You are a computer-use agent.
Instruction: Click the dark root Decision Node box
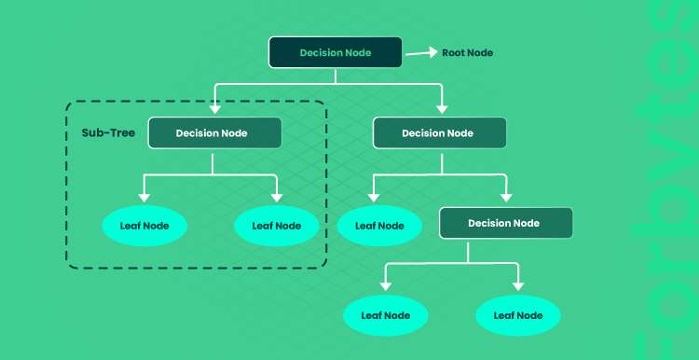(336, 52)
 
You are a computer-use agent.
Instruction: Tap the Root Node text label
(467, 52)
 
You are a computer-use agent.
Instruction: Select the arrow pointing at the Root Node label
(421, 52)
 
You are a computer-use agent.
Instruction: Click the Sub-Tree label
(108, 133)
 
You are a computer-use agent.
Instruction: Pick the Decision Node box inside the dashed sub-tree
(215, 133)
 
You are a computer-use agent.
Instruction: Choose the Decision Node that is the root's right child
(440, 133)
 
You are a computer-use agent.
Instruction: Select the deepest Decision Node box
(506, 223)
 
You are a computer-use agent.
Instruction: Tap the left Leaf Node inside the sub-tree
(144, 226)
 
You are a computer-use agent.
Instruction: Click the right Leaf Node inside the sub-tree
(277, 226)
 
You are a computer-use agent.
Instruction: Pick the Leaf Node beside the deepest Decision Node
(379, 226)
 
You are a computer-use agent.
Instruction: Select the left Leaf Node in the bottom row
(386, 315)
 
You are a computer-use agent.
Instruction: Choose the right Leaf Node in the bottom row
(518, 315)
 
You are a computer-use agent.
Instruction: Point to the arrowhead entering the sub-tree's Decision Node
(215, 108)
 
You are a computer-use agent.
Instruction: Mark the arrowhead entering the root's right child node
(442, 108)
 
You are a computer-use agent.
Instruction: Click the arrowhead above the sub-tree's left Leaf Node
(144, 197)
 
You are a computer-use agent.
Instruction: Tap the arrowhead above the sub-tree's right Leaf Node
(277, 197)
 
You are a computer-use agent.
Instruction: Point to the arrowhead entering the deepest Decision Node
(506, 197)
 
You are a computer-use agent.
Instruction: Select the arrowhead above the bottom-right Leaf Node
(518, 286)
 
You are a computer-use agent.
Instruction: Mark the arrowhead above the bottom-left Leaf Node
(386, 286)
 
